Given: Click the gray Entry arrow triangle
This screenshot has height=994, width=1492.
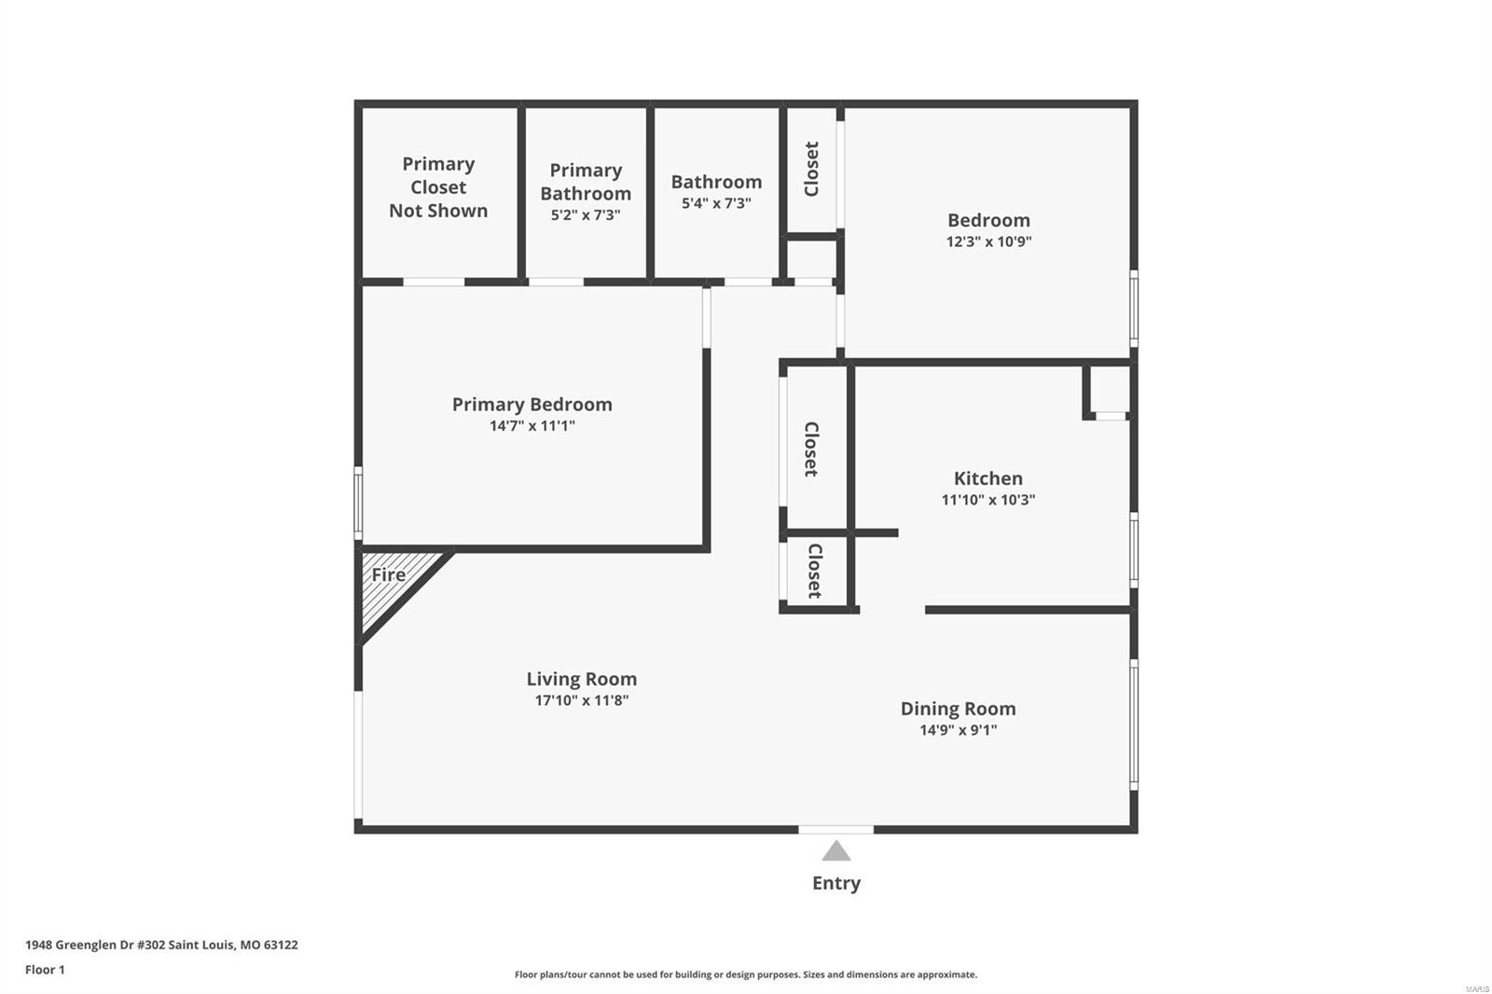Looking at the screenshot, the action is (836, 850).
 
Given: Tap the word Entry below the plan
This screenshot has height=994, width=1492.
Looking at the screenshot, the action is (836, 883).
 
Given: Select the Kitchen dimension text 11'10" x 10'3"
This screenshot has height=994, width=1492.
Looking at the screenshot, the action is (988, 500).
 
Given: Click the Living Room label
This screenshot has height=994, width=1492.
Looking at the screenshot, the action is (582, 679).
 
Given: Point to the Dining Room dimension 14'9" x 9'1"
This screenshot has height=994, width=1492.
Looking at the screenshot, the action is (958, 729).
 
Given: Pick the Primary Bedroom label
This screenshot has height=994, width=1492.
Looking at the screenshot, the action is (532, 405).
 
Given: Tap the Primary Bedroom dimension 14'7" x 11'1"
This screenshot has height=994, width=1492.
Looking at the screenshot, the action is (532, 426).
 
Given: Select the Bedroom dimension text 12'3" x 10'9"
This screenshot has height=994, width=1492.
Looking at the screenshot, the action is (988, 242).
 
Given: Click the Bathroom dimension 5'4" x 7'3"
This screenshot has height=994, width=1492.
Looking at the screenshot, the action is (716, 203).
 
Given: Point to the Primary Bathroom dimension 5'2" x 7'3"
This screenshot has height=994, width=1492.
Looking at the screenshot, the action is (586, 215).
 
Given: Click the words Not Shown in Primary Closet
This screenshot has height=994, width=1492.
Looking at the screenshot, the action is (438, 211).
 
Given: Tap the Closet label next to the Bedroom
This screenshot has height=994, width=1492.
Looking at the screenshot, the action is (811, 169).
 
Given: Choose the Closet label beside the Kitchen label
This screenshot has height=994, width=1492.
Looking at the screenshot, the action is (811, 449).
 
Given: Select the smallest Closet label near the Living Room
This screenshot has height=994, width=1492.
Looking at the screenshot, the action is (815, 571).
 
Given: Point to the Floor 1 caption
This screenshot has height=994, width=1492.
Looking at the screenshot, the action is (46, 970).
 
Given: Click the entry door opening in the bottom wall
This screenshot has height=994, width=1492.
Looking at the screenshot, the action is (836, 830).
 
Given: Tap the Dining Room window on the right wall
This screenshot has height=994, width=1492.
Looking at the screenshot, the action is (1134, 725).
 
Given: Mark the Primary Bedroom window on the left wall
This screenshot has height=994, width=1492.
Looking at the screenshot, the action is (358, 503).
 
